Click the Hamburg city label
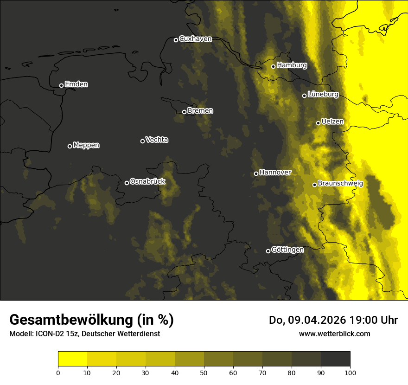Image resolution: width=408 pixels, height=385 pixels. click(x=292, y=65)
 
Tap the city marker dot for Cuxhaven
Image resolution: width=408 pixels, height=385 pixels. click(x=176, y=40)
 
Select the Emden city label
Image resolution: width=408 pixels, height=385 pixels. click(x=76, y=84)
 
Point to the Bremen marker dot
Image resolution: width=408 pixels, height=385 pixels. click(x=184, y=112)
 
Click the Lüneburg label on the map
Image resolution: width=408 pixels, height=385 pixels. click(x=323, y=95)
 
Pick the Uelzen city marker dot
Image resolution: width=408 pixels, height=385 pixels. click(x=318, y=123)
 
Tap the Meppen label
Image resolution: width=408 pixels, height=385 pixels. click(x=86, y=145)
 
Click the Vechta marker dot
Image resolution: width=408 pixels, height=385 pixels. click(x=142, y=141)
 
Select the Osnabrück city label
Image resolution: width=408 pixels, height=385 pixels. click(x=147, y=181)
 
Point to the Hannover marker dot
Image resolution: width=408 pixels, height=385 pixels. click(x=256, y=173)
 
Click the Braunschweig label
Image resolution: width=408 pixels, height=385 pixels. click(x=340, y=184)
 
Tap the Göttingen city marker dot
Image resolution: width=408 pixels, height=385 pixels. click(x=268, y=251)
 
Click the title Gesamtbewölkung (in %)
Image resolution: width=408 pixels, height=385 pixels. click(x=91, y=320)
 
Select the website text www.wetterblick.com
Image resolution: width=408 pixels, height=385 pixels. click(x=335, y=334)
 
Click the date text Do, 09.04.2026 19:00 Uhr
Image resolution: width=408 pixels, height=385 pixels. click(x=333, y=320)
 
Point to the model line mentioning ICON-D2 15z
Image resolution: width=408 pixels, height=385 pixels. click(x=84, y=334)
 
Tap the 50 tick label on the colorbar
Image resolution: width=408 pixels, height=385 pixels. click(x=204, y=372)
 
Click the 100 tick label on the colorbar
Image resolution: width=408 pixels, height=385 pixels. click(x=350, y=372)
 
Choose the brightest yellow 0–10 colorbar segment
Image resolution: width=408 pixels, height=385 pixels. click(x=72, y=359)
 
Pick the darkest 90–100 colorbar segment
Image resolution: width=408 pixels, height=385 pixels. click(x=335, y=359)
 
